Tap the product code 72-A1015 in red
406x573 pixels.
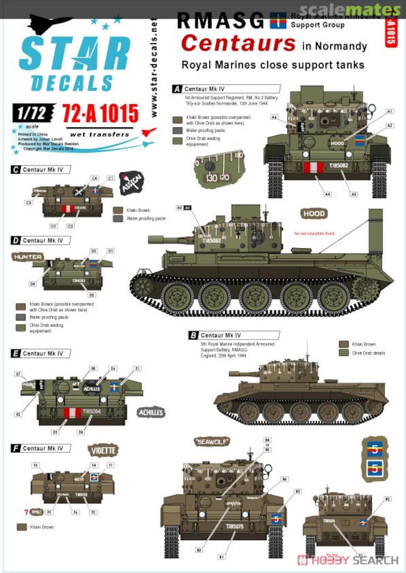[100, 113]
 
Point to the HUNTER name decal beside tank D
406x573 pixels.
[28, 257]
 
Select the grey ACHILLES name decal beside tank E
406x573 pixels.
[151, 412]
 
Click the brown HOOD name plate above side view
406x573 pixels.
[314, 213]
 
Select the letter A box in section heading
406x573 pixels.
[176, 89]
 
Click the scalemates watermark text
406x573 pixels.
[350, 10]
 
